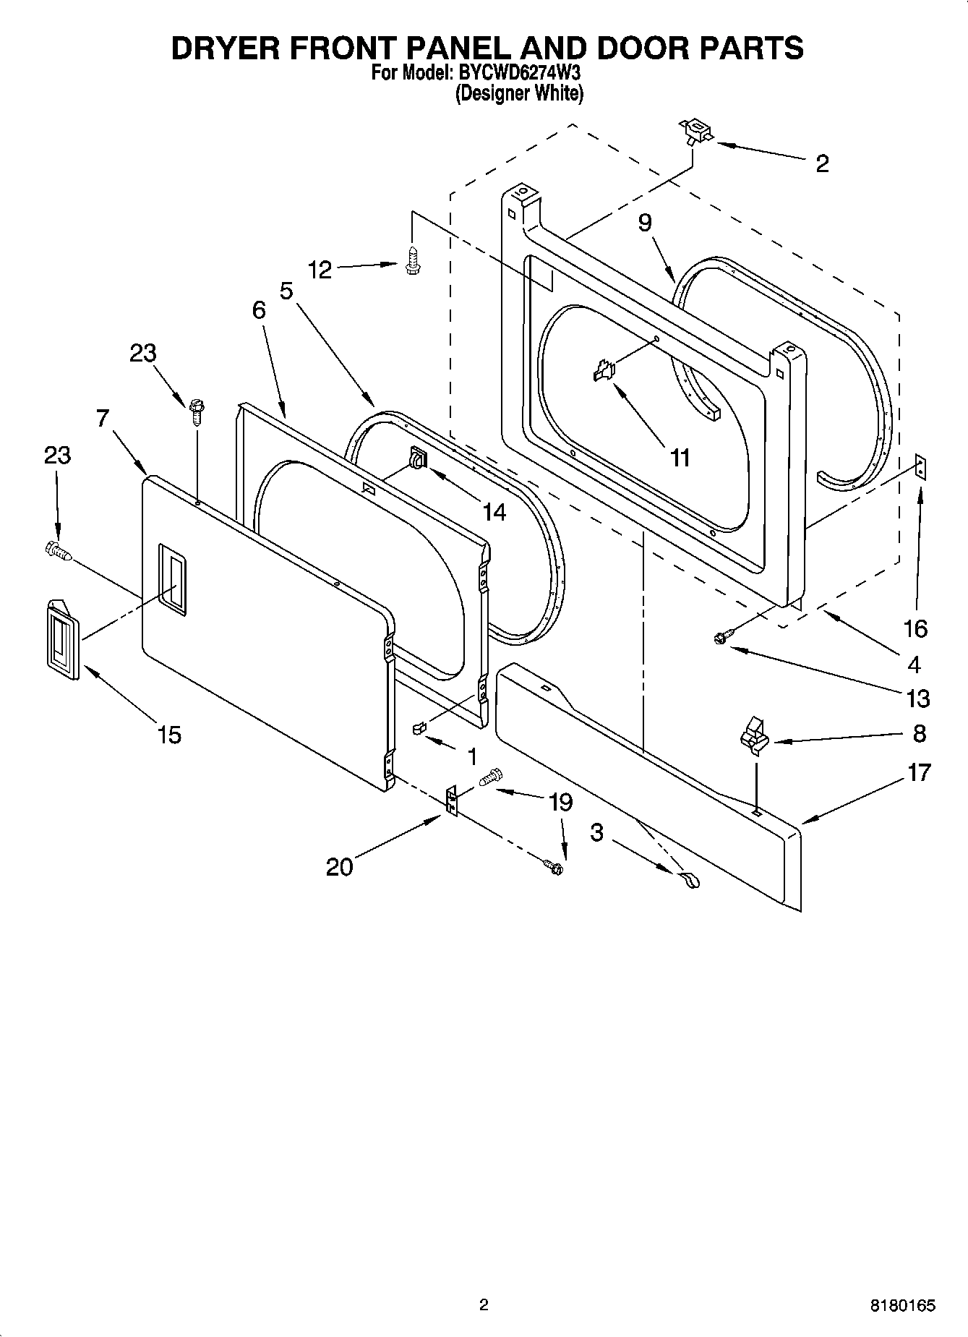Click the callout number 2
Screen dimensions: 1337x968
pyautogui.click(x=822, y=164)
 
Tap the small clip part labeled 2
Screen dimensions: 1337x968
pyautogui.click(x=695, y=132)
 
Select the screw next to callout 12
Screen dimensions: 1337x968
pyautogui.click(x=412, y=260)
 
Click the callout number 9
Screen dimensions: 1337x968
pyautogui.click(x=645, y=223)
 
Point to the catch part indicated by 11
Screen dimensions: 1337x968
pyautogui.click(x=603, y=372)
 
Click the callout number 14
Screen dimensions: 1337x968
pyautogui.click(x=494, y=512)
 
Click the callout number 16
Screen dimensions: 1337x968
pyautogui.click(x=915, y=628)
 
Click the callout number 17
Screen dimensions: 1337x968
pyautogui.click(x=919, y=772)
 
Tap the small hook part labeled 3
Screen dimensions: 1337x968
pyautogui.click(x=688, y=880)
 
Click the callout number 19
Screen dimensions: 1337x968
pyautogui.click(x=561, y=802)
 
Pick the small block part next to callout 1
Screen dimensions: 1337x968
pyautogui.click(x=418, y=727)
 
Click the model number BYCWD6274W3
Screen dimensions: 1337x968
pyautogui.click(x=519, y=73)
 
